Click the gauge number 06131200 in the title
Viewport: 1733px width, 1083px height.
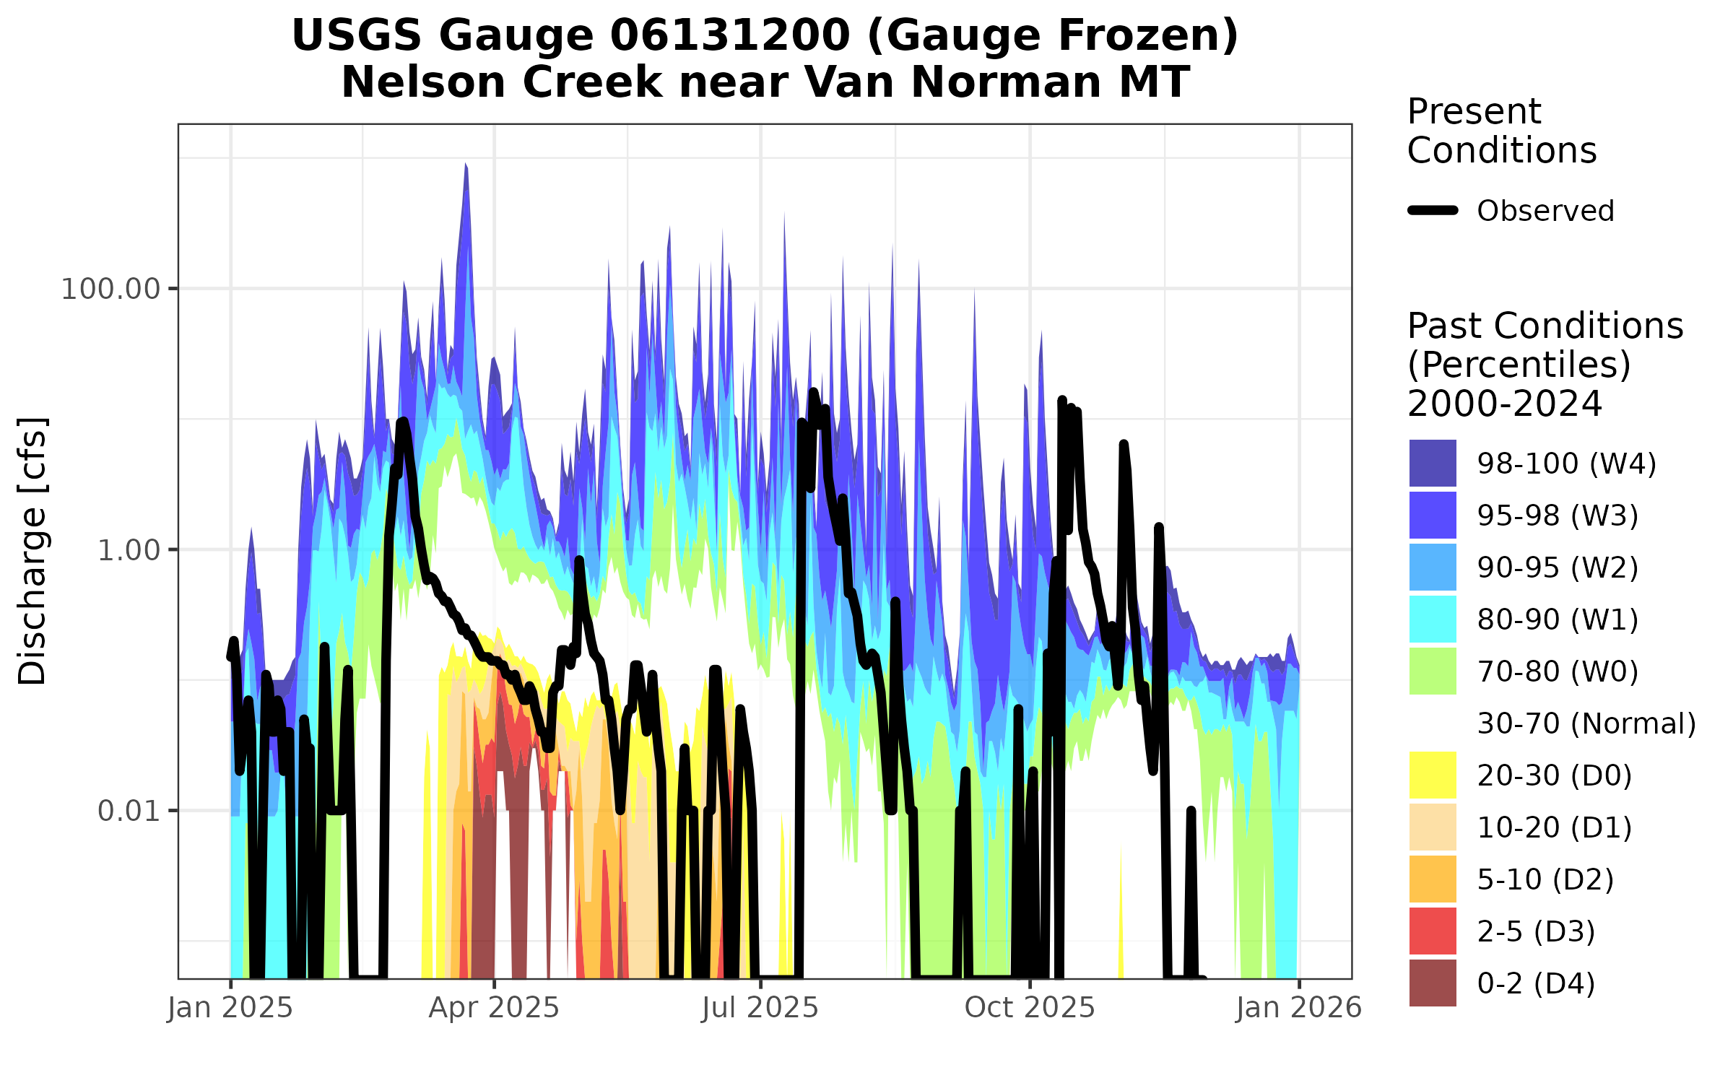click(730, 36)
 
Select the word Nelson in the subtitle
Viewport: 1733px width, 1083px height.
click(423, 82)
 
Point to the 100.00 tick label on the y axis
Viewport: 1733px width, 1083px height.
click(110, 290)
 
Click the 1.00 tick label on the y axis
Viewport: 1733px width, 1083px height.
click(129, 550)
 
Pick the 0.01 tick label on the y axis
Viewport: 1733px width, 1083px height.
click(129, 812)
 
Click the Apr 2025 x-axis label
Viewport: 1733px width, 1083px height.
click(494, 1008)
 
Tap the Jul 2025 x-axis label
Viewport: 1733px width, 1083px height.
click(760, 1008)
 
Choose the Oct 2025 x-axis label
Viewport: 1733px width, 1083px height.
click(1030, 1008)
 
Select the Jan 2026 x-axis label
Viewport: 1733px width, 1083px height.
click(1298, 1008)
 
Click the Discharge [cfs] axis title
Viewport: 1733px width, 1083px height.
click(32, 551)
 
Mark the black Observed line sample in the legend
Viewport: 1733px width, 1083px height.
click(1433, 211)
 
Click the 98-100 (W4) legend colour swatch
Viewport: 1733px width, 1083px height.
click(1433, 464)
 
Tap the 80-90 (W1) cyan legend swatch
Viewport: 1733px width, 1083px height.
click(1433, 619)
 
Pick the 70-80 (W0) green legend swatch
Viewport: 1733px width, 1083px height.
click(1433, 671)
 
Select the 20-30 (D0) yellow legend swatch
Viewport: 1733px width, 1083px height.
click(1433, 775)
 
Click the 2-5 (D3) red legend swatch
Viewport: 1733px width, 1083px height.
click(1433, 931)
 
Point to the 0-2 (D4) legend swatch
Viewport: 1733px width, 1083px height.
click(1433, 983)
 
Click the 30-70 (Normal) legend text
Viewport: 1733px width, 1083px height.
click(1586, 723)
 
